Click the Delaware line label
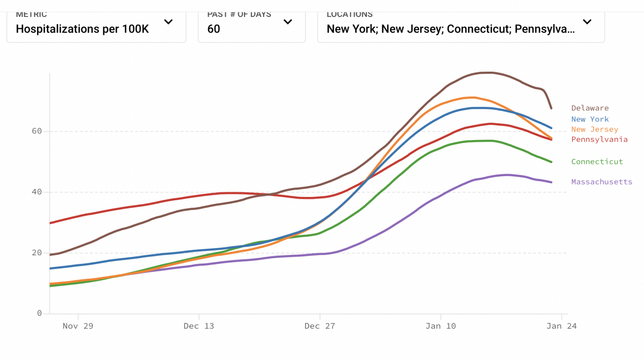[590, 108]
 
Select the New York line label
[590, 119]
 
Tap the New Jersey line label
[594, 129]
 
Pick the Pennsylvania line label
[599, 139]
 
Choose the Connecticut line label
[597, 161]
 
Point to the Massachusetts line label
[601, 182]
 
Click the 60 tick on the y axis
[37, 131]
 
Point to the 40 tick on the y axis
[37, 192]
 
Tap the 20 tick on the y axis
[37, 252]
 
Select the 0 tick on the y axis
[39, 313]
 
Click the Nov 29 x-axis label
[78, 326]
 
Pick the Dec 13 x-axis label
[199, 326]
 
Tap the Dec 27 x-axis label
[320, 326]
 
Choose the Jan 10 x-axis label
[441, 326]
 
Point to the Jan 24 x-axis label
[561, 326]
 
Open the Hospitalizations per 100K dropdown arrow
[168, 22]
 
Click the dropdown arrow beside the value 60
[288, 22]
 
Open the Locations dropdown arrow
[587, 22]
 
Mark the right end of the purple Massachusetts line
[551, 182]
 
